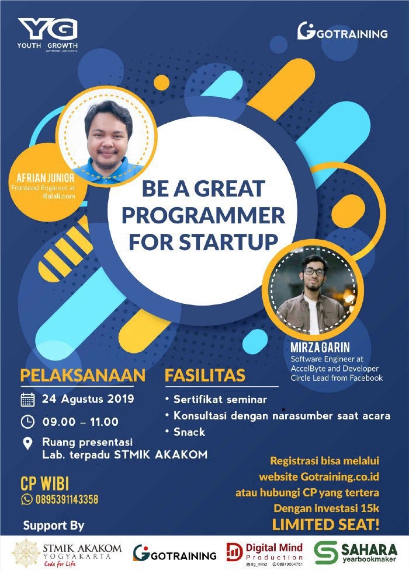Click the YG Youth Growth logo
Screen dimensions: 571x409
(47, 34)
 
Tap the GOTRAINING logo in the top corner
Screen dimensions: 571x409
(342, 31)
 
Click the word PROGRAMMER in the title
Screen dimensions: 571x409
(203, 215)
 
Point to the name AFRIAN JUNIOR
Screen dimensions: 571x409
(41, 177)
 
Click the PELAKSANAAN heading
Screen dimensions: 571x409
(82, 375)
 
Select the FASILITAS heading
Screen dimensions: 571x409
(204, 375)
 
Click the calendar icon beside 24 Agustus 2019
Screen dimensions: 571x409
(27, 400)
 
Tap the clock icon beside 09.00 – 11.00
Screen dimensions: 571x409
(27, 421)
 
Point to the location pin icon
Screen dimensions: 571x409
(27, 443)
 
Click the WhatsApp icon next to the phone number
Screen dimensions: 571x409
(26, 499)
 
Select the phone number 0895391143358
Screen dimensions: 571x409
(67, 499)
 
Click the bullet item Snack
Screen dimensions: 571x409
(189, 432)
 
